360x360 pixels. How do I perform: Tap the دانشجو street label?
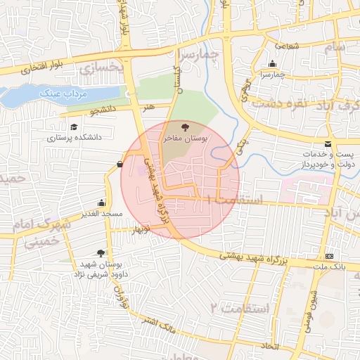(x=101, y=111)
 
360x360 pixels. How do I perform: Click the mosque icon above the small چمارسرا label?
(x=273, y=64)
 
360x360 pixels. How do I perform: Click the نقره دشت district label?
(x=286, y=103)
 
